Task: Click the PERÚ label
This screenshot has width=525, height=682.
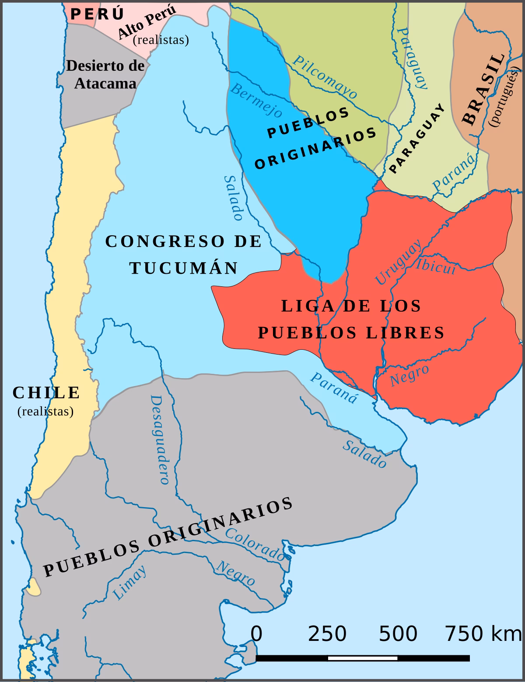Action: point(97,14)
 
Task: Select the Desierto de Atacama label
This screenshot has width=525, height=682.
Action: point(105,74)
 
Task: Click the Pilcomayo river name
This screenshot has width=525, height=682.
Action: point(325,77)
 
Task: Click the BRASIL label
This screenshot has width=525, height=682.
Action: point(483,90)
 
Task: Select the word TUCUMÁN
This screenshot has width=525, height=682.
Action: point(184,268)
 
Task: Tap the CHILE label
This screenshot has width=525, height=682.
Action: point(46,393)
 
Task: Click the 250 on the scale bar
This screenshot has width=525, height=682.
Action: point(327,633)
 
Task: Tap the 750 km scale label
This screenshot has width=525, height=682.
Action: point(483,633)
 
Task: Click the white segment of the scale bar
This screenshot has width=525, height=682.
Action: point(363,658)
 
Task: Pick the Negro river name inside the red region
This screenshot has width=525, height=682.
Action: point(409,375)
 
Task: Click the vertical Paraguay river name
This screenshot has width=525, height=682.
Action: point(413,58)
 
